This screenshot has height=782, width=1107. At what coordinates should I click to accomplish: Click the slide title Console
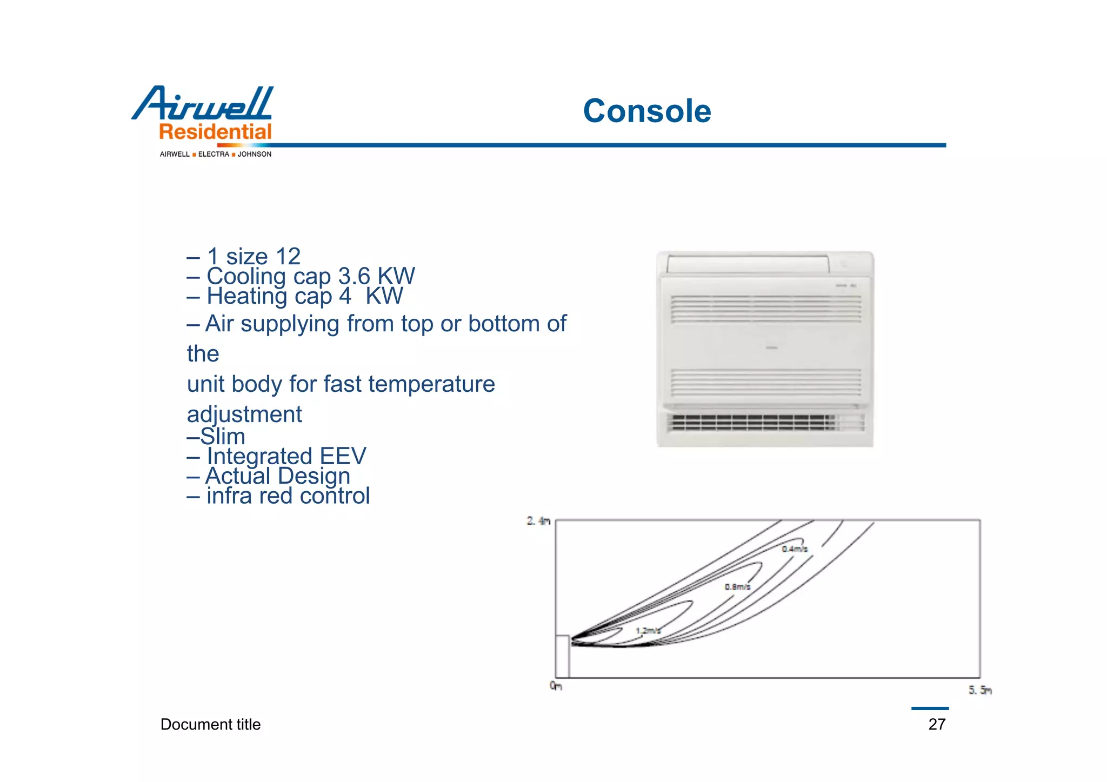[646, 111]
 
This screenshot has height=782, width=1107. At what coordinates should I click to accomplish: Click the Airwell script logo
[203, 104]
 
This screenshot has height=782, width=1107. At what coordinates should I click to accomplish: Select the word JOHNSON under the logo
[255, 155]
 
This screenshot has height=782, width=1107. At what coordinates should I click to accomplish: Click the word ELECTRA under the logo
[214, 155]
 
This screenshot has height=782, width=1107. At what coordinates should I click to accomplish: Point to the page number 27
[937, 724]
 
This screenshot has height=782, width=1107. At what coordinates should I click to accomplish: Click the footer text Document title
[210, 724]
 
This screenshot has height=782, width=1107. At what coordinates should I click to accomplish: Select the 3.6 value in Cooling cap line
[354, 277]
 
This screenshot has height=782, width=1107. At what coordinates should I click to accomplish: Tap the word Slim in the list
[222, 437]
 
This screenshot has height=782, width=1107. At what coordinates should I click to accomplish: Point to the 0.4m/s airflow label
[794, 549]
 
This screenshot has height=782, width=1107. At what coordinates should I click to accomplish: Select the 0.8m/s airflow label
[737, 587]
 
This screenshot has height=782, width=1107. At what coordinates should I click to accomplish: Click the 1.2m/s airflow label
[648, 631]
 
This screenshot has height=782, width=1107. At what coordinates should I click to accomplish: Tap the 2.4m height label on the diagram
[538, 521]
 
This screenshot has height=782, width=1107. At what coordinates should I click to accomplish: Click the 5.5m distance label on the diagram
[979, 690]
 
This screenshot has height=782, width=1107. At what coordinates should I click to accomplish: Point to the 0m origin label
[556, 686]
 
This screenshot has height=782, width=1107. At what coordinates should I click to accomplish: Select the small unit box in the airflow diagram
[562, 656]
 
